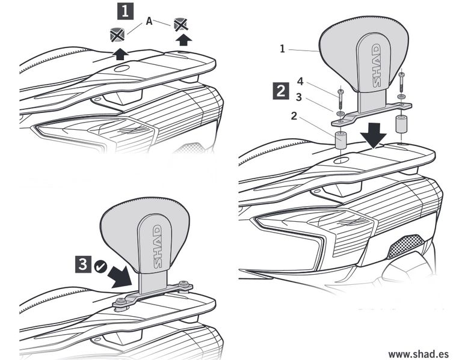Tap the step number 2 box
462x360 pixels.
[280, 91]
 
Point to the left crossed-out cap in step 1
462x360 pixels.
[118, 34]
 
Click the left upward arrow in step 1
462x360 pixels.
[121, 53]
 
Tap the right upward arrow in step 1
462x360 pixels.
[185, 40]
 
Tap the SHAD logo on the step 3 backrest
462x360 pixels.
[157, 247]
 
